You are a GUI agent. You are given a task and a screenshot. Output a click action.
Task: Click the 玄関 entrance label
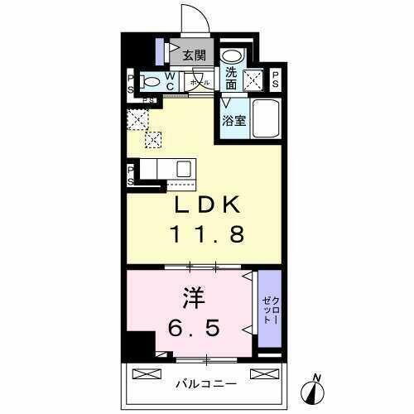pyautogui.click(x=194, y=56)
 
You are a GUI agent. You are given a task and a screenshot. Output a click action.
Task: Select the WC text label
pyautogui.click(x=169, y=82)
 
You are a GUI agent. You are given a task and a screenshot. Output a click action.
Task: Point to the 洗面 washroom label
pyautogui.click(x=232, y=79)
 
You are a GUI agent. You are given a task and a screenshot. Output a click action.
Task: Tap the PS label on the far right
pyautogui.click(x=276, y=79)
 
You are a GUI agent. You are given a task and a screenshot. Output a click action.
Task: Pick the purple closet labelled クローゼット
pyautogui.click(x=270, y=308)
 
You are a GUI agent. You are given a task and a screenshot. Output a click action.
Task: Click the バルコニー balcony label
pyautogui.click(x=205, y=383)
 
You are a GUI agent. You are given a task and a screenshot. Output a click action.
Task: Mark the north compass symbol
pyautogui.click(x=315, y=387)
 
